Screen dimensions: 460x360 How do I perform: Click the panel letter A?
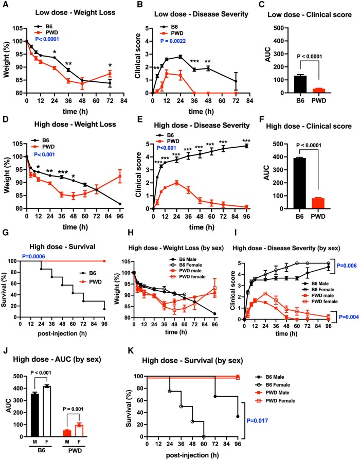(x=5, y=6)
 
